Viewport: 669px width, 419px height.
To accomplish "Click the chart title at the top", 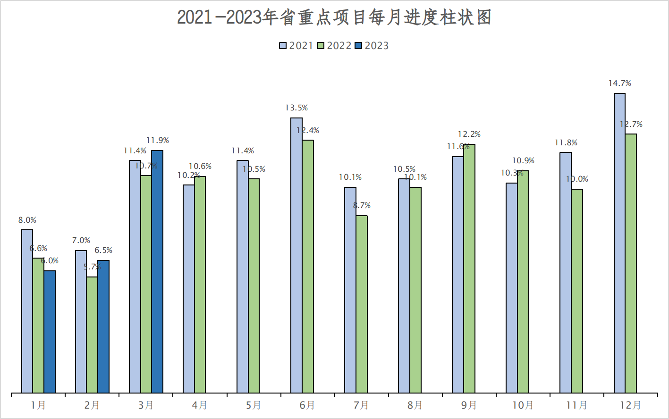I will click(x=334, y=17).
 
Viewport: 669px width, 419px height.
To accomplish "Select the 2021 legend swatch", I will click(x=283, y=46).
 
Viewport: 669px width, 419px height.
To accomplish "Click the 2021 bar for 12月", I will click(x=619, y=243).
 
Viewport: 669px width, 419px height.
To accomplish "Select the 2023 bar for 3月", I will click(x=157, y=271).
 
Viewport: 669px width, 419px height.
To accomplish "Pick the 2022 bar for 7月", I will click(x=362, y=304).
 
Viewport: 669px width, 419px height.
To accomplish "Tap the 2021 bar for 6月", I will click(x=296, y=255).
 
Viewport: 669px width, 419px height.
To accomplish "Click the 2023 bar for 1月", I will click(x=50, y=332).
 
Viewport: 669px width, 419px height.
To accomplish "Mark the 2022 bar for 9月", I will click(x=469, y=268).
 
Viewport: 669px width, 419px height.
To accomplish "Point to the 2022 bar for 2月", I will click(x=92, y=335).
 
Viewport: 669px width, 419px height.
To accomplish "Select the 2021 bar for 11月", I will click(x=566, y=272).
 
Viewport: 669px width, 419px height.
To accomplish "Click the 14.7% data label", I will click(x=619, y=84).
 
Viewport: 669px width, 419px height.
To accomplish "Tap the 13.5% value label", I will click(x=296, y=108).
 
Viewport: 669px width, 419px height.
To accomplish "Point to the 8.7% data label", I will click(x=362, y=206).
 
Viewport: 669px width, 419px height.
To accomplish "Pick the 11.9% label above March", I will click(x=158, y=141).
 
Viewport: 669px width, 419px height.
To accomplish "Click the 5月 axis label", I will click(x=254, y=405).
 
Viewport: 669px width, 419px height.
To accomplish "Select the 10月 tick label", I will click(x=523, y=405).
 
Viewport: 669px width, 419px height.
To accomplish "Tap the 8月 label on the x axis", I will click(x=415, y=405).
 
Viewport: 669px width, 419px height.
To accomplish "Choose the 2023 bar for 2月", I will click(x=103, y=327).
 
